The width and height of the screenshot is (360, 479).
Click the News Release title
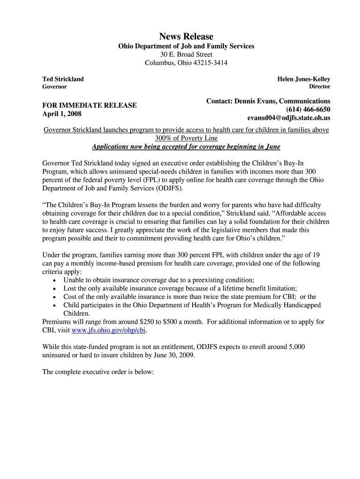(186, 36)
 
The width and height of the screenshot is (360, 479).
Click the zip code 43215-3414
(206, 63)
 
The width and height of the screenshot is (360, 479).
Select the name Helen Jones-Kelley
(303, 79)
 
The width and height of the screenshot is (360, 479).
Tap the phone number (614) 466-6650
(308, 109)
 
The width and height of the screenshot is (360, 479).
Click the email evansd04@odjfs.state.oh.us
(288, 118)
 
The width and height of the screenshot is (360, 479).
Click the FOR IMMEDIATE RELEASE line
(89, 105)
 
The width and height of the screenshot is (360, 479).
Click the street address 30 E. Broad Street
(186, 54)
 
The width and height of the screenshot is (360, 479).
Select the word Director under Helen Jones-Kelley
(319, 87)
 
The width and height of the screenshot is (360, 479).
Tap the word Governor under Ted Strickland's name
(55, 87)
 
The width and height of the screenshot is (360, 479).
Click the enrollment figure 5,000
(296, 347)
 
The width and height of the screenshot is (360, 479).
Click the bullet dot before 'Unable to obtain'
(55, 280)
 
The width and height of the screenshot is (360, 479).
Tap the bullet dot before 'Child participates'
(55, 305)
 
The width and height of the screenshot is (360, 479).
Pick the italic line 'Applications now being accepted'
(186, 147)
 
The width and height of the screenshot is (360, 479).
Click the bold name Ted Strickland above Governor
(63, 79)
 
